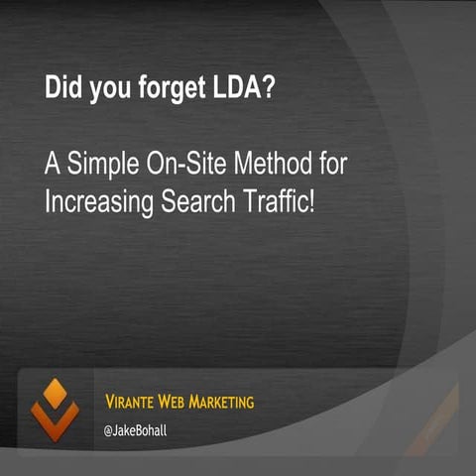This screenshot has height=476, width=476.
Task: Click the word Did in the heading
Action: [x=60, y=86]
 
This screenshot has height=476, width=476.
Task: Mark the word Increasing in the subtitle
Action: [x=100, y=201]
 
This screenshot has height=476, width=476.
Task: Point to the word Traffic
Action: [x=282, y=200]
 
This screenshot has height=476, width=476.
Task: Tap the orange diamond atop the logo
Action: [x=54, y=390]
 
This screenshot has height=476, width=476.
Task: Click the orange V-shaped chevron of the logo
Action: [x=54, y=421]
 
